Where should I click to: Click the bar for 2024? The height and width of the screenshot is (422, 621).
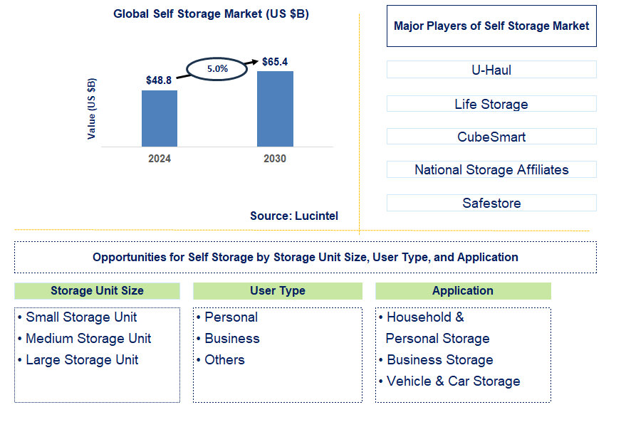160,118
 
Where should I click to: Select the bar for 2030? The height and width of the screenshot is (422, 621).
275,108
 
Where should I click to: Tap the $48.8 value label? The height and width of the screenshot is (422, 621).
159,80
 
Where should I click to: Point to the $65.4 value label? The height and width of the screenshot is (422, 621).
275,62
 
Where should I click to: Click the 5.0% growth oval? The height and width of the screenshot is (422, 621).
216,69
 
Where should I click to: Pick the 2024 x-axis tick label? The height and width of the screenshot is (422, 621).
160,159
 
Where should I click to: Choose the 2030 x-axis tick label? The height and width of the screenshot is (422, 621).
275,159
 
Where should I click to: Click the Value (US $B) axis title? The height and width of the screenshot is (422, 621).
91,108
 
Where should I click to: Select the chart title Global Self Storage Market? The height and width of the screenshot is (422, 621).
211,14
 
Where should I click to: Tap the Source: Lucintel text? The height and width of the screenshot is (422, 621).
294,216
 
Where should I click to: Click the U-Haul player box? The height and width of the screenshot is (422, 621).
491,70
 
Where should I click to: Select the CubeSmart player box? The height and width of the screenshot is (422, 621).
491,137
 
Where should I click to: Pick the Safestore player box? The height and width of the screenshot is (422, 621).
491,203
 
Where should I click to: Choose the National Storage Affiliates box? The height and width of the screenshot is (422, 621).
491,169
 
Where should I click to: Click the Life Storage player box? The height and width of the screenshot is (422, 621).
491,104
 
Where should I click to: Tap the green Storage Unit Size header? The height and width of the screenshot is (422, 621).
97,290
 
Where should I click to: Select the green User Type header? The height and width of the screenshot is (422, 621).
278,290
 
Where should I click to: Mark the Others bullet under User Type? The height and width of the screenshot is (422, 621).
224,360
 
